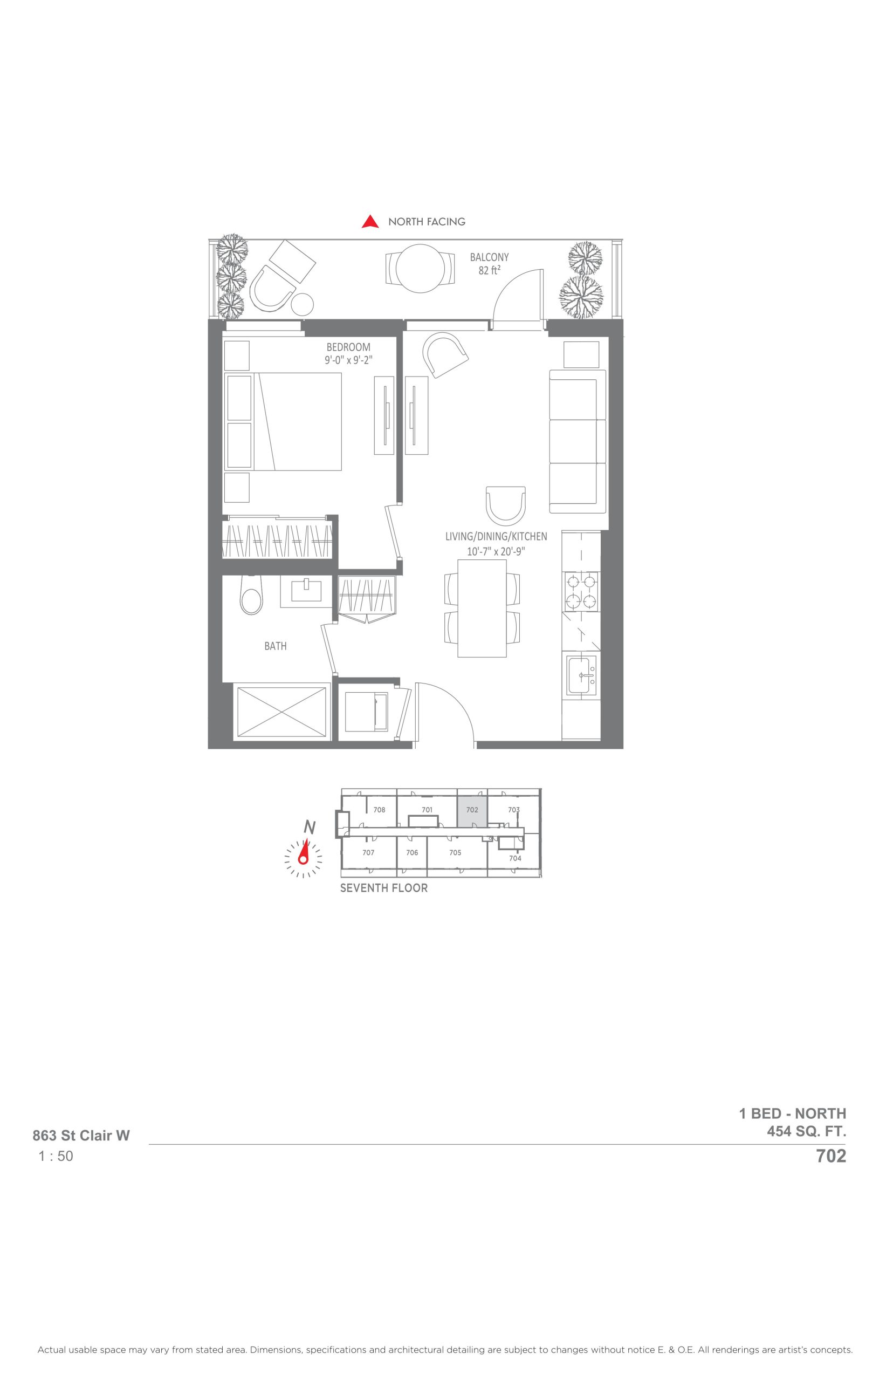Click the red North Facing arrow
[x=370, y=222]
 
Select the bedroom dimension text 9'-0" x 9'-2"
[x=348, y=360]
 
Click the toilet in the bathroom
[x=251, y=596]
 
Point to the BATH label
[x=276, y=646]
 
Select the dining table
[x=482, y=608]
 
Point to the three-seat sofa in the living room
[x=578, y=441]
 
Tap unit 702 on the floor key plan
[x=472, y=810]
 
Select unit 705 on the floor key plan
[x=455, y=853]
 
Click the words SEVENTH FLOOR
[x=384, y=888]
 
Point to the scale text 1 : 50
[x=56, y=1156]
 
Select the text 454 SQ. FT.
[x=807, y=1131]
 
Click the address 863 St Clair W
[x=81, y=1135]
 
